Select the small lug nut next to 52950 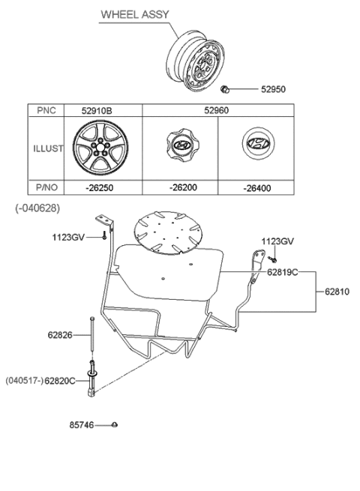pyautogui.click(x=224, y=90)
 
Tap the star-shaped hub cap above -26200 pyautogui.click(x=179, y=147)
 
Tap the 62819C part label pyautogui.click(x=281, y=272)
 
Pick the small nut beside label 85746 pyautogui.click(x=113, y=425)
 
